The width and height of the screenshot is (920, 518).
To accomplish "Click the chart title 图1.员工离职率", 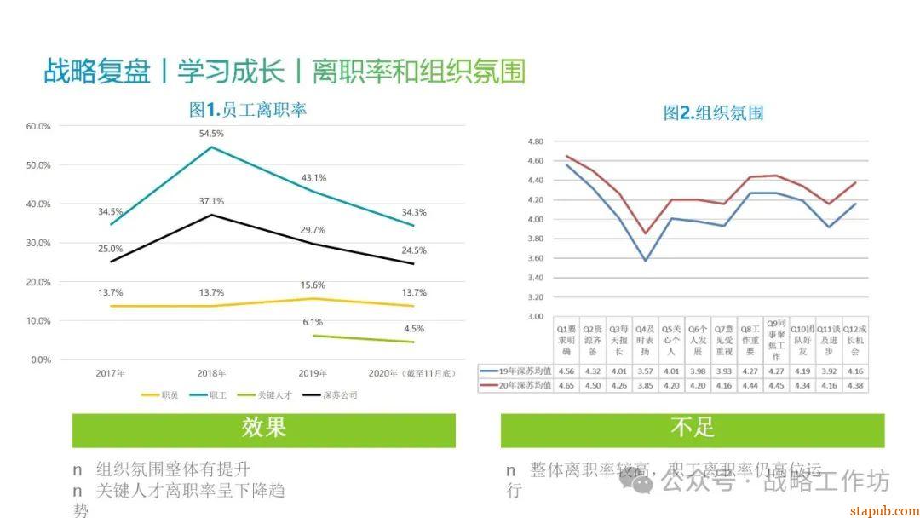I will click(247, 110).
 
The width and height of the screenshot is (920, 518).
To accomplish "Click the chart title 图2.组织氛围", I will click(713, 113).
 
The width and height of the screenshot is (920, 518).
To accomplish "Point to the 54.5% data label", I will click(211, 134).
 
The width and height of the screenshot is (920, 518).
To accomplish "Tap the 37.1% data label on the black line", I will click(211, 202).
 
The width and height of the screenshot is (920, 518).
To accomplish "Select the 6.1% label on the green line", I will click(313, 322).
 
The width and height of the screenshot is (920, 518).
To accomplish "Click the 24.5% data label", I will click(414, 250).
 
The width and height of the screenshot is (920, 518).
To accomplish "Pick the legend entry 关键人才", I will click(272, 395).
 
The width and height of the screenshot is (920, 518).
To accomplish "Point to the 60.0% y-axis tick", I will click(39, 126).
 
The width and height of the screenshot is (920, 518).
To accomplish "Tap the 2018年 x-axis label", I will click(211, 373).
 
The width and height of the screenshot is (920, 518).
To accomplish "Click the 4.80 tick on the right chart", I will click(535, 141).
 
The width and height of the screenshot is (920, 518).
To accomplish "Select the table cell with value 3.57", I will click(645, 371).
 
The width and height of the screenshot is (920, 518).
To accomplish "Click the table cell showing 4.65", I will click(566, 386).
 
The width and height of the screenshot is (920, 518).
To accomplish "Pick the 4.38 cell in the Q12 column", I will click(854, 386).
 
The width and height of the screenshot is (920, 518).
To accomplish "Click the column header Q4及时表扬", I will click(645, 339).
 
